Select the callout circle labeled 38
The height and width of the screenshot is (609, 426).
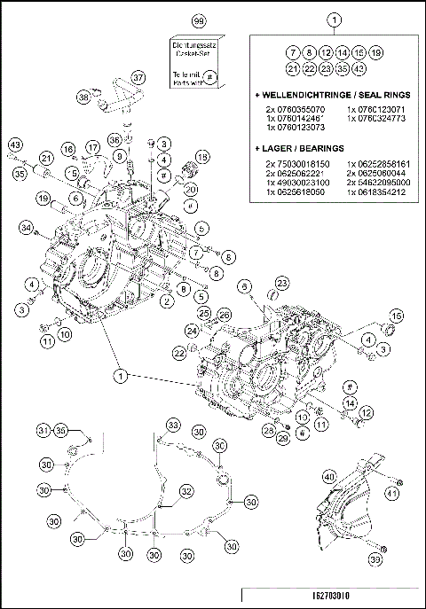point(84,98)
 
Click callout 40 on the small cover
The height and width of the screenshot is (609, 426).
point(329,477)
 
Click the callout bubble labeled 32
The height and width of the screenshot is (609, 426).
point(186,490)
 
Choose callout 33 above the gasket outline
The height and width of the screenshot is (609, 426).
point(174,425)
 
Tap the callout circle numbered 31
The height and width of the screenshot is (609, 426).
point(43,430)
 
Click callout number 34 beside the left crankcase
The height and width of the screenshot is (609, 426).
point(27,230)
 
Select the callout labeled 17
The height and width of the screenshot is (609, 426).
point(92,146)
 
